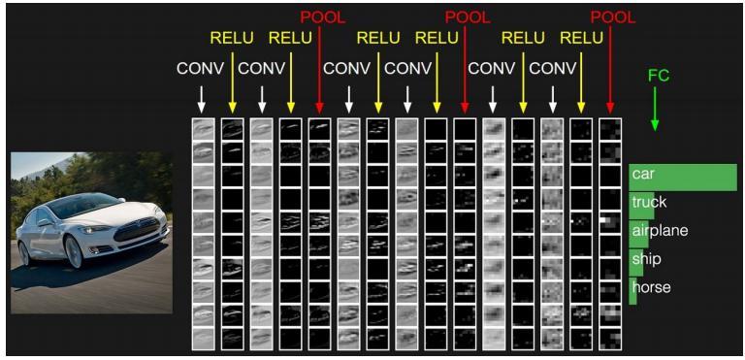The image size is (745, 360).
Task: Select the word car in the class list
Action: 642,175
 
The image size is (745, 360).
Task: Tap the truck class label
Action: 648,203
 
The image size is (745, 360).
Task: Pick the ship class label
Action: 645,259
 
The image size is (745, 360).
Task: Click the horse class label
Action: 650,287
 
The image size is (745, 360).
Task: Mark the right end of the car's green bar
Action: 736,177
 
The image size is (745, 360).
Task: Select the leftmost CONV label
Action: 200,69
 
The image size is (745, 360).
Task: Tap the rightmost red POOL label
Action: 613,16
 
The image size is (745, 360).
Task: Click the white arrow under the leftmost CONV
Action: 201,98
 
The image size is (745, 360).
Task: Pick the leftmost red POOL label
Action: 322,16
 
